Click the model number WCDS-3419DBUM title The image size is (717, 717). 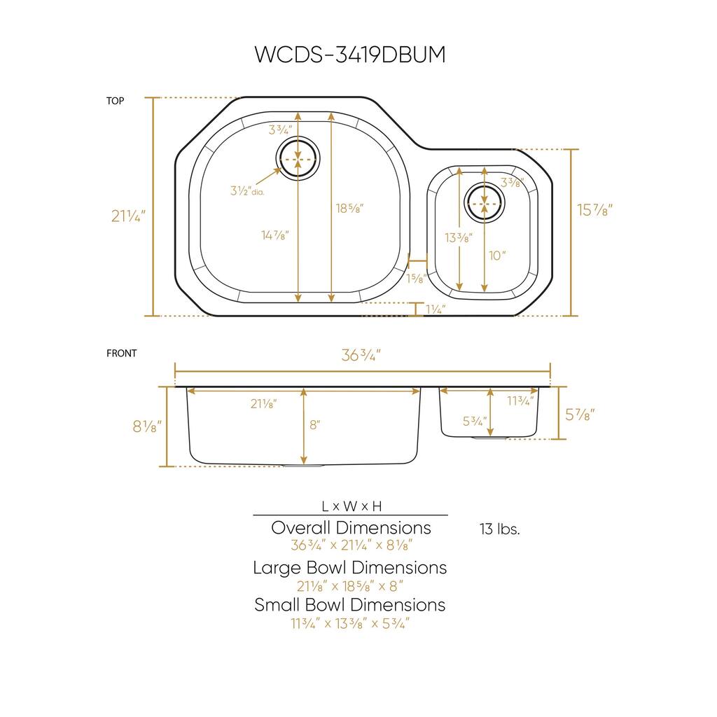(349, 55)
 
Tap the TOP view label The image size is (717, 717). (115, 101)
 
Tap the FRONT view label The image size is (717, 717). (121, 354)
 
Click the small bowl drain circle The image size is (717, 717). (484, 203)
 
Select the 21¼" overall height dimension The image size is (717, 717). (127, 216)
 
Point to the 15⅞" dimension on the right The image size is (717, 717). (594, 210)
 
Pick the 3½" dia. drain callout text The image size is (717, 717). (246, 191)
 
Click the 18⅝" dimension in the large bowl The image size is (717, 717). (349, 208)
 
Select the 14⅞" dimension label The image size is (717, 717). (274, 236)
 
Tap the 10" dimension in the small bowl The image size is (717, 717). (497, 256)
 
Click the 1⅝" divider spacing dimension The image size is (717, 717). (416, 278)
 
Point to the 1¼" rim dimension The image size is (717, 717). (435, 309)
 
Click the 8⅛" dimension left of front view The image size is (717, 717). (147, 425)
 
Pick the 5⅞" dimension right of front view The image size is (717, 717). (580, 415)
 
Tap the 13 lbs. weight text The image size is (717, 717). (499, 529)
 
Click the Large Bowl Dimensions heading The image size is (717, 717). (349, 567)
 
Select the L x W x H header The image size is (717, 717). (351, 506)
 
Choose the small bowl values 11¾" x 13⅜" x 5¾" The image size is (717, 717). (349, 623)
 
